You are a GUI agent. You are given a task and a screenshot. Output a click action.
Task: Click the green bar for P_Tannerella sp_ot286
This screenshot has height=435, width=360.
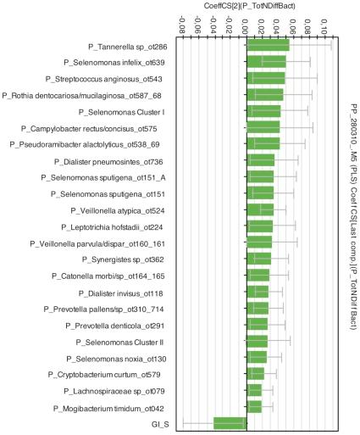pyautogui.click(x=267, y=46)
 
